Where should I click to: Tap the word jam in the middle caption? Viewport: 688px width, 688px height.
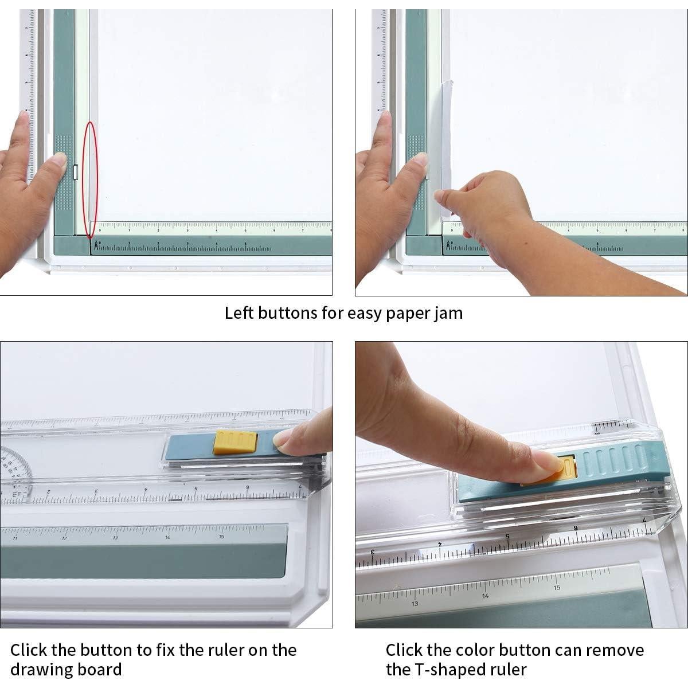point(447,313)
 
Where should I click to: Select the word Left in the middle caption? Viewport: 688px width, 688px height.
point(239,313)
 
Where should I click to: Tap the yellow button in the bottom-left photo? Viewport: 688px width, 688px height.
point(235,443)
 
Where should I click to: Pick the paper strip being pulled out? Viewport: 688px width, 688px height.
point(444,143)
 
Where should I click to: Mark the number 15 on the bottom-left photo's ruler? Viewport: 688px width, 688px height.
point(221,537)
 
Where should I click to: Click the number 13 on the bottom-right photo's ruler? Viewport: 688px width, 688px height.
point(415,603)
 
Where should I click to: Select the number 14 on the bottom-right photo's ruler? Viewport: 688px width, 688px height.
point(486,596)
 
